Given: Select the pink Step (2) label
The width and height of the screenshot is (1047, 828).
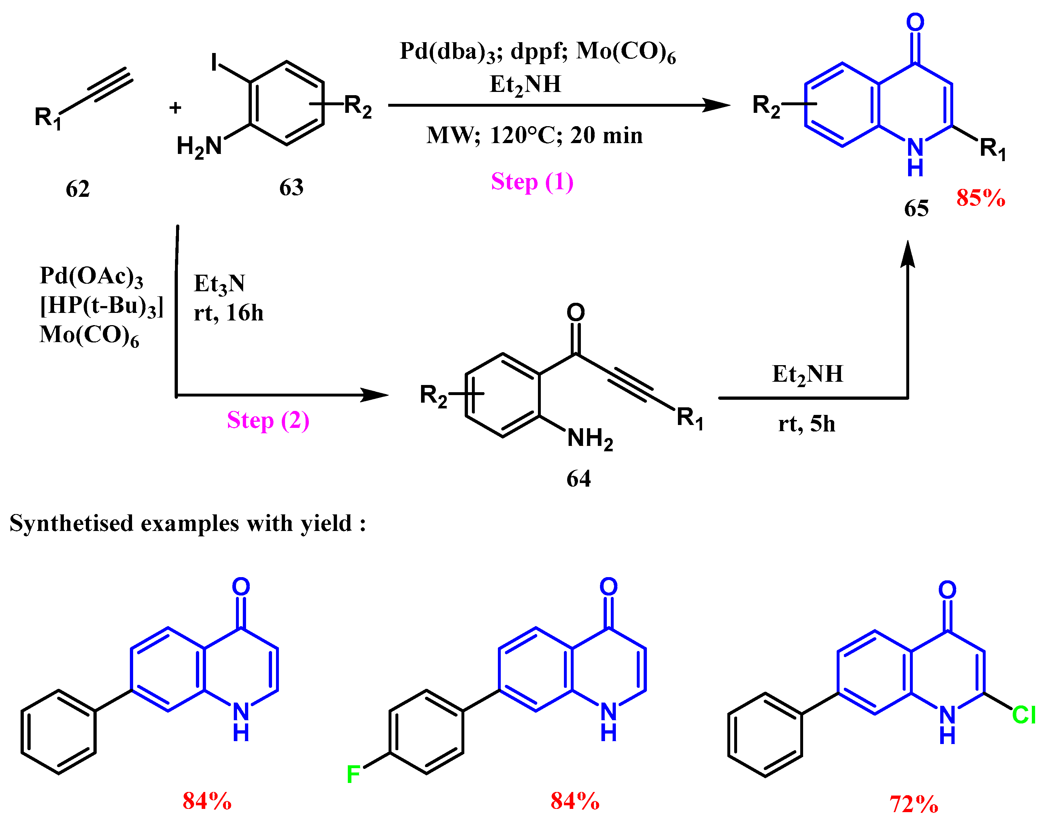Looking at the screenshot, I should coord(268,420).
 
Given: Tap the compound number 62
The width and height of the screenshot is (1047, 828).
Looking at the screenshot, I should coord(78,189).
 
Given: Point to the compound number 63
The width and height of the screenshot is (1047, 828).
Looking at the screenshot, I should coord(291,187).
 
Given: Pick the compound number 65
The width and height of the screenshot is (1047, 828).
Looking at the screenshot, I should coord(916,208).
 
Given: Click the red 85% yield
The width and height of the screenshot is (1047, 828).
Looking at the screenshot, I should coord(981,198).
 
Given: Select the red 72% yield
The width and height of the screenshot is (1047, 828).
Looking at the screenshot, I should coord(914,804).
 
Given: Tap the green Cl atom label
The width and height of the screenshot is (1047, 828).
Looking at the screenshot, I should coord(1024,715).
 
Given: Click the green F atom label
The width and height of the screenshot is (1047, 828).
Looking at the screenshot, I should coord(353,775).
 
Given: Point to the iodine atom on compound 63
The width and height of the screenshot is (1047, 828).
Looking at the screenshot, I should coord(214,62).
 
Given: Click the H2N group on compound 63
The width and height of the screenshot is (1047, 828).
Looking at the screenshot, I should coord(199,146).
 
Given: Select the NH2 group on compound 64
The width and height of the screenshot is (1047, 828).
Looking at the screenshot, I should coord(590,439).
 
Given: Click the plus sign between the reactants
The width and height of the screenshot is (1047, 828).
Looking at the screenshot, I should coord(175,108).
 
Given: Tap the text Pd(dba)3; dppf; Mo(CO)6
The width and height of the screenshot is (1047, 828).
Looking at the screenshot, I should coord(537,52).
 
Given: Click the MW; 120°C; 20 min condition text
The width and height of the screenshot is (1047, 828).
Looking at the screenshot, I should coord(534,135).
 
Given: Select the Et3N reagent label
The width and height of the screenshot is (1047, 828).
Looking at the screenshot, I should coord(219,284).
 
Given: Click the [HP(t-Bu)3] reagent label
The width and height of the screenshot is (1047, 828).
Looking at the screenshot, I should coord(101,306).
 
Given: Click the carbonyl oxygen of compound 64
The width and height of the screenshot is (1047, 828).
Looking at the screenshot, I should coord(576,312).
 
